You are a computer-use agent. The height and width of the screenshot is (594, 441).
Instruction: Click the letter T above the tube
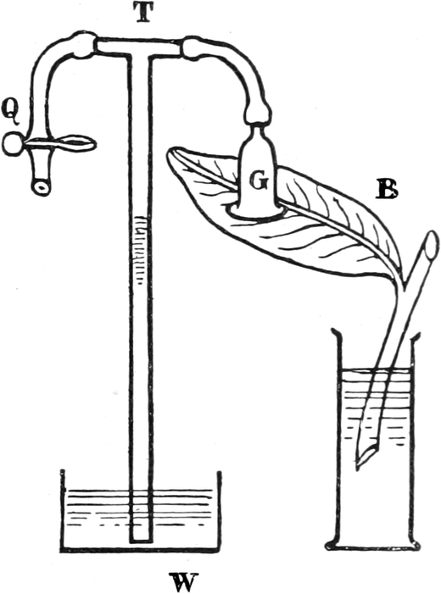(143, 14)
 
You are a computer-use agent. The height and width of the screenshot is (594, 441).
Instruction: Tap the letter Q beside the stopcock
(11, 112)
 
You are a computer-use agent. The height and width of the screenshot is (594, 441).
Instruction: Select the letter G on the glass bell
(260, 181)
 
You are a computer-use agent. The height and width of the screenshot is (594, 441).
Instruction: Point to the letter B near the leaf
(387, 189)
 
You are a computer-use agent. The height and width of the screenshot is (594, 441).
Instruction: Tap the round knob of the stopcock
(13, 144)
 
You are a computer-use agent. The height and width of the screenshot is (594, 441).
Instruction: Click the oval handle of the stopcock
(75, 143)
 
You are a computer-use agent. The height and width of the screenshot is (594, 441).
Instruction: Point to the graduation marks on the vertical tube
(140, 249)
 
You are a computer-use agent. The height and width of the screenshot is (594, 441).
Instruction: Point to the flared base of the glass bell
(257, 211)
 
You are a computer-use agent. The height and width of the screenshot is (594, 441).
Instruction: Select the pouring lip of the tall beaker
(337, 333)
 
